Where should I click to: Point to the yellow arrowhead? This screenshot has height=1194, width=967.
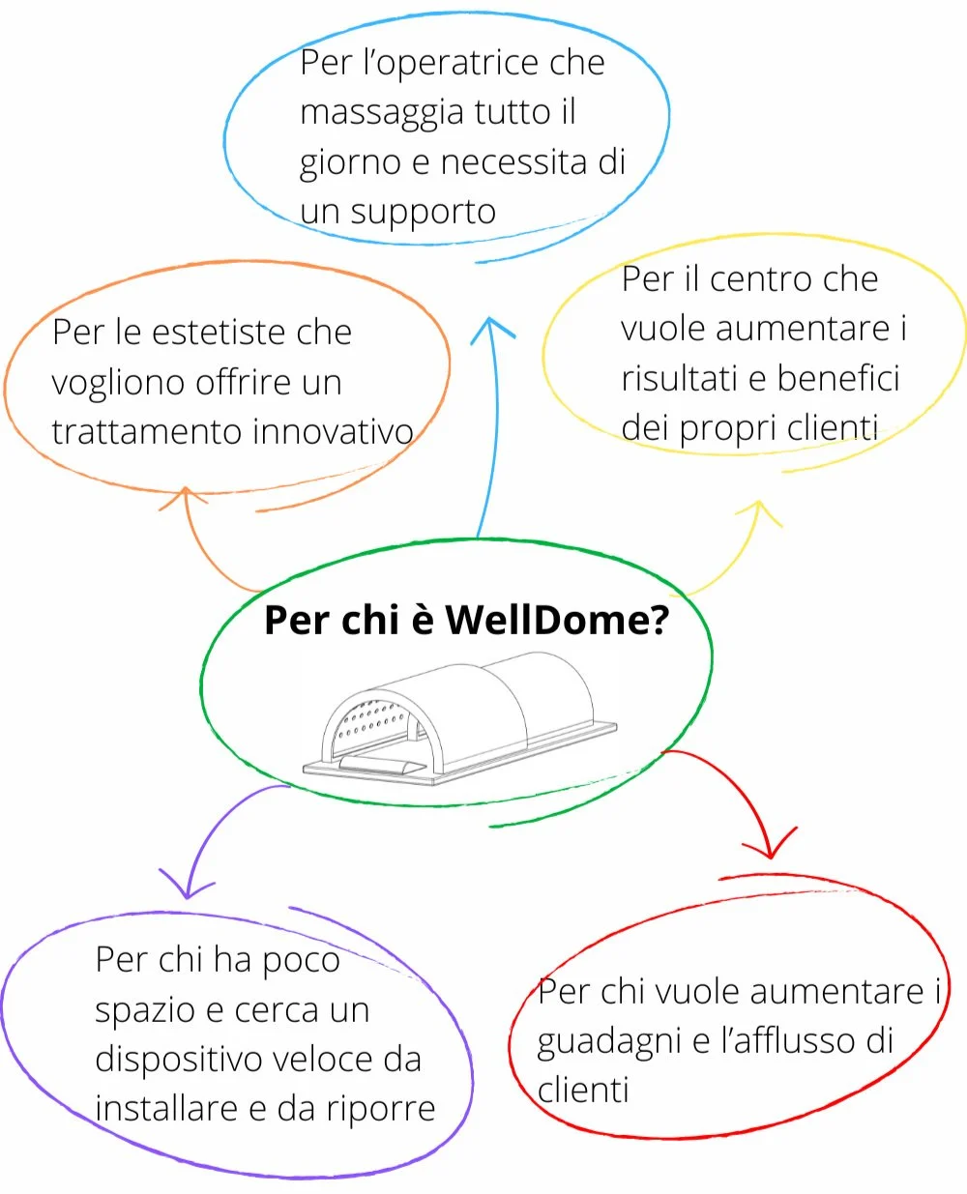(x=759, y=510)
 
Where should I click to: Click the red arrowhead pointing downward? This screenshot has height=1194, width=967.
(x=772, y=847)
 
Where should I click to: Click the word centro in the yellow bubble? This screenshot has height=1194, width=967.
(x=761, y=279)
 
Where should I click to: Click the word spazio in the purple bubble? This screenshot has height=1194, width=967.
(x=145, y=1011)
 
